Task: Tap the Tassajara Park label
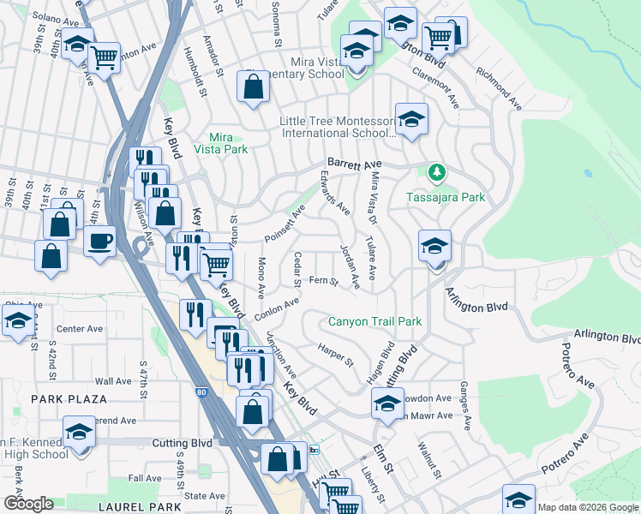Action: point(446,197)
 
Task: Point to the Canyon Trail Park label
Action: point(375,321)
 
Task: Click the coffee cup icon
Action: point(99,241)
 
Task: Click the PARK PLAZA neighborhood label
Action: point(69,399)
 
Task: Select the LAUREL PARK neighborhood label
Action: point(140,507)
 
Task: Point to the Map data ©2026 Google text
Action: point(588,507)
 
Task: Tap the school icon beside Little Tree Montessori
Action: point(411,121)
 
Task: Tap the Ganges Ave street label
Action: point(465,406)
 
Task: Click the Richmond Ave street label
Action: point(500,90)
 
